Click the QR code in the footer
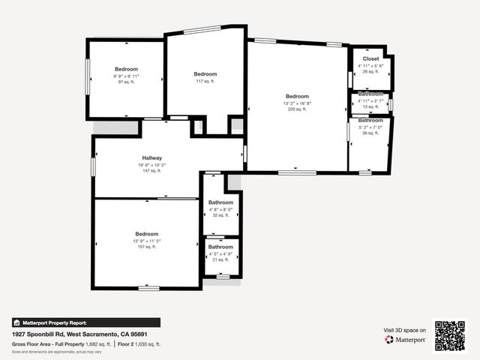450,335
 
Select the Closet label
370,58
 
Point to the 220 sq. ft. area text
297,109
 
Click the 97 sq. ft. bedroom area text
126,82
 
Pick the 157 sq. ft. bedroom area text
146,247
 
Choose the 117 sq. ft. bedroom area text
205,81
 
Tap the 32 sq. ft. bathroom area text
220,215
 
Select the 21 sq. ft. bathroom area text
220,259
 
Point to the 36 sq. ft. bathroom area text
370,133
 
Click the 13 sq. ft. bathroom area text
370,106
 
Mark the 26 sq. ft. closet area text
370,72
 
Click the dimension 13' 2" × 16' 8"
297,103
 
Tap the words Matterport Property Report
55,322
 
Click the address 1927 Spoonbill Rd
43,333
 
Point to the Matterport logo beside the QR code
406,340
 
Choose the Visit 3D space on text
405,330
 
